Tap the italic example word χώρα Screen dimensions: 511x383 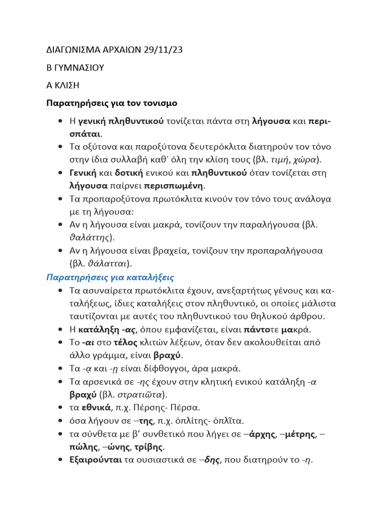click(x=308, y=160)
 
